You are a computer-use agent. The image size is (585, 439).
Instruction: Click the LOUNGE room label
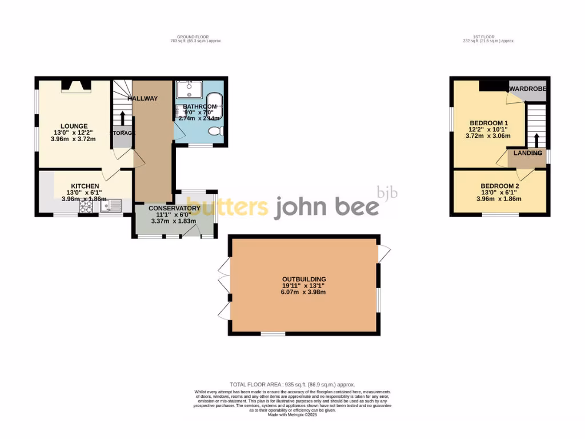click(x=74, y=126)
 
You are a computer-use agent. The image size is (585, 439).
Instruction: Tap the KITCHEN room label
click(x=85, y=186)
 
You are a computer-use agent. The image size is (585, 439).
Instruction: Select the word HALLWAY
click(x=142, y=98)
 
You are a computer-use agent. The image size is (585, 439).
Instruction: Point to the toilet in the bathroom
click(x=215, y=131)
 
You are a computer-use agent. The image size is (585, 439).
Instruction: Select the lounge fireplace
click(x=75, y=86)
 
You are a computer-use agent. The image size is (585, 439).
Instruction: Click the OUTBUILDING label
click(x=303, y=279)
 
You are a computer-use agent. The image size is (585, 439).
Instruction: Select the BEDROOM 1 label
click(x=488, y=123)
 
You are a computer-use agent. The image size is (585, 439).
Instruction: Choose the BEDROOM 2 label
click(x=500, y=186)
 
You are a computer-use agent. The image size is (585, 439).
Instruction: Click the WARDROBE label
click(x=528, y=89)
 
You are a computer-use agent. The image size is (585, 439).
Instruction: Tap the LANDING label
click(x=527, y=153)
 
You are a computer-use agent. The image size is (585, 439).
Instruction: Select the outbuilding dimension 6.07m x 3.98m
click(x=303, y=292)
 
